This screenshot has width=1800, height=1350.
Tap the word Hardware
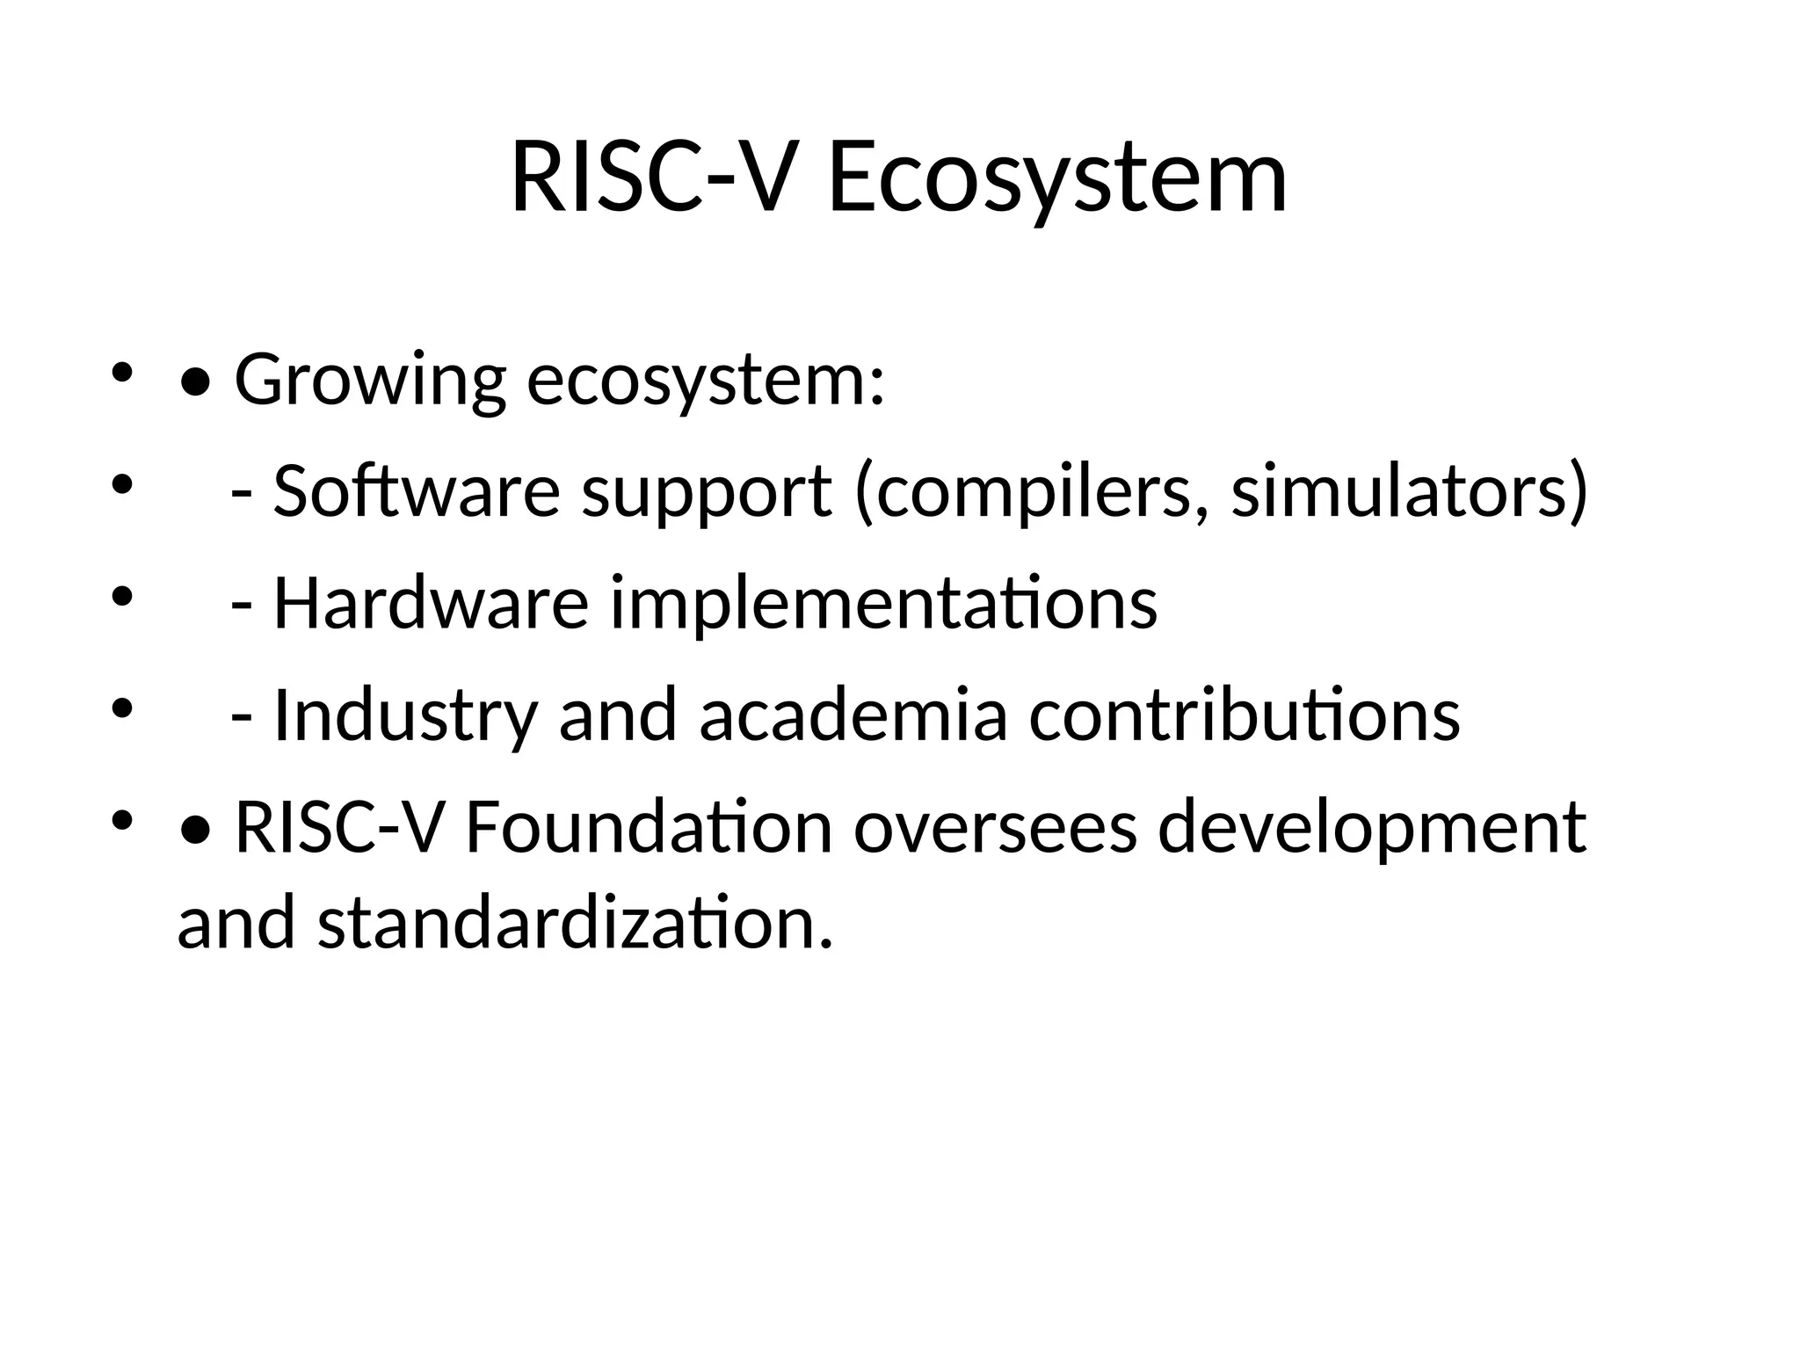pos(431,603)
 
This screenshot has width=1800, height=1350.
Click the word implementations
pos(883,605)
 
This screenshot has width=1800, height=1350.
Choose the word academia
pos(853,715)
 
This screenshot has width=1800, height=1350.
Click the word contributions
pos(1245,715)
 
